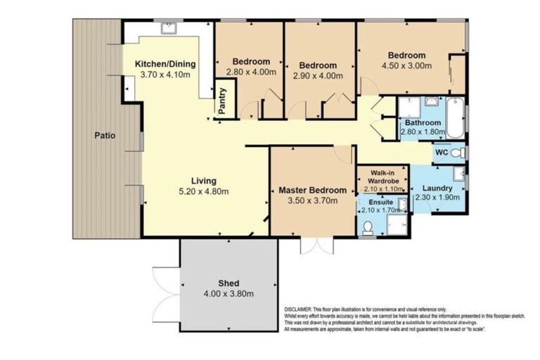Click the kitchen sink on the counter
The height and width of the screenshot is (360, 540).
[169, 29]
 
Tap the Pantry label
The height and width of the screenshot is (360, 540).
[222, 101]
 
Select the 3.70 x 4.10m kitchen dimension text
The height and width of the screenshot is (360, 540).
[167, 74]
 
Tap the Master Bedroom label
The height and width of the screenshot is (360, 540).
[312, 190]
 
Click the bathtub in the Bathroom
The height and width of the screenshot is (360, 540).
[455, 119]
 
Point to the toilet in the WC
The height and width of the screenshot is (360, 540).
[457, 153]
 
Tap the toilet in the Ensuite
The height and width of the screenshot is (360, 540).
[368, 228]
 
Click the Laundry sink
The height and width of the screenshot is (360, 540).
[458, 173]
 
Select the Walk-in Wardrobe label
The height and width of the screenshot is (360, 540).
[382, 177]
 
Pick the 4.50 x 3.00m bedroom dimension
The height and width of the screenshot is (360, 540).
[406, 66]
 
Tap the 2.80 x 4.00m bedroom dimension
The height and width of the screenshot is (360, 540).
[251, 71]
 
